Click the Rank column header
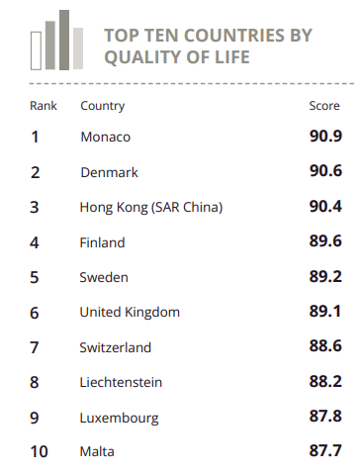44,106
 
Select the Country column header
103,106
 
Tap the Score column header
324,106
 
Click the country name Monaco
106,137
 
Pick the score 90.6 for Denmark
325,171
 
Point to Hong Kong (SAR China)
151,208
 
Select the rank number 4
35,242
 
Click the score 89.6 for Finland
325,240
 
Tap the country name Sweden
104,277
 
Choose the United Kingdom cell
130,312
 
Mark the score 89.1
325,311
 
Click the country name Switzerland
116,347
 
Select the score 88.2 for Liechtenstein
325,381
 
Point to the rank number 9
35,418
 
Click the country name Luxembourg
119,419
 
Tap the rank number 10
39,451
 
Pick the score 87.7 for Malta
325,450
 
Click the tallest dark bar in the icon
64,40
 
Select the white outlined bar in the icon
36,50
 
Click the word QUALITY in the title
141,57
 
